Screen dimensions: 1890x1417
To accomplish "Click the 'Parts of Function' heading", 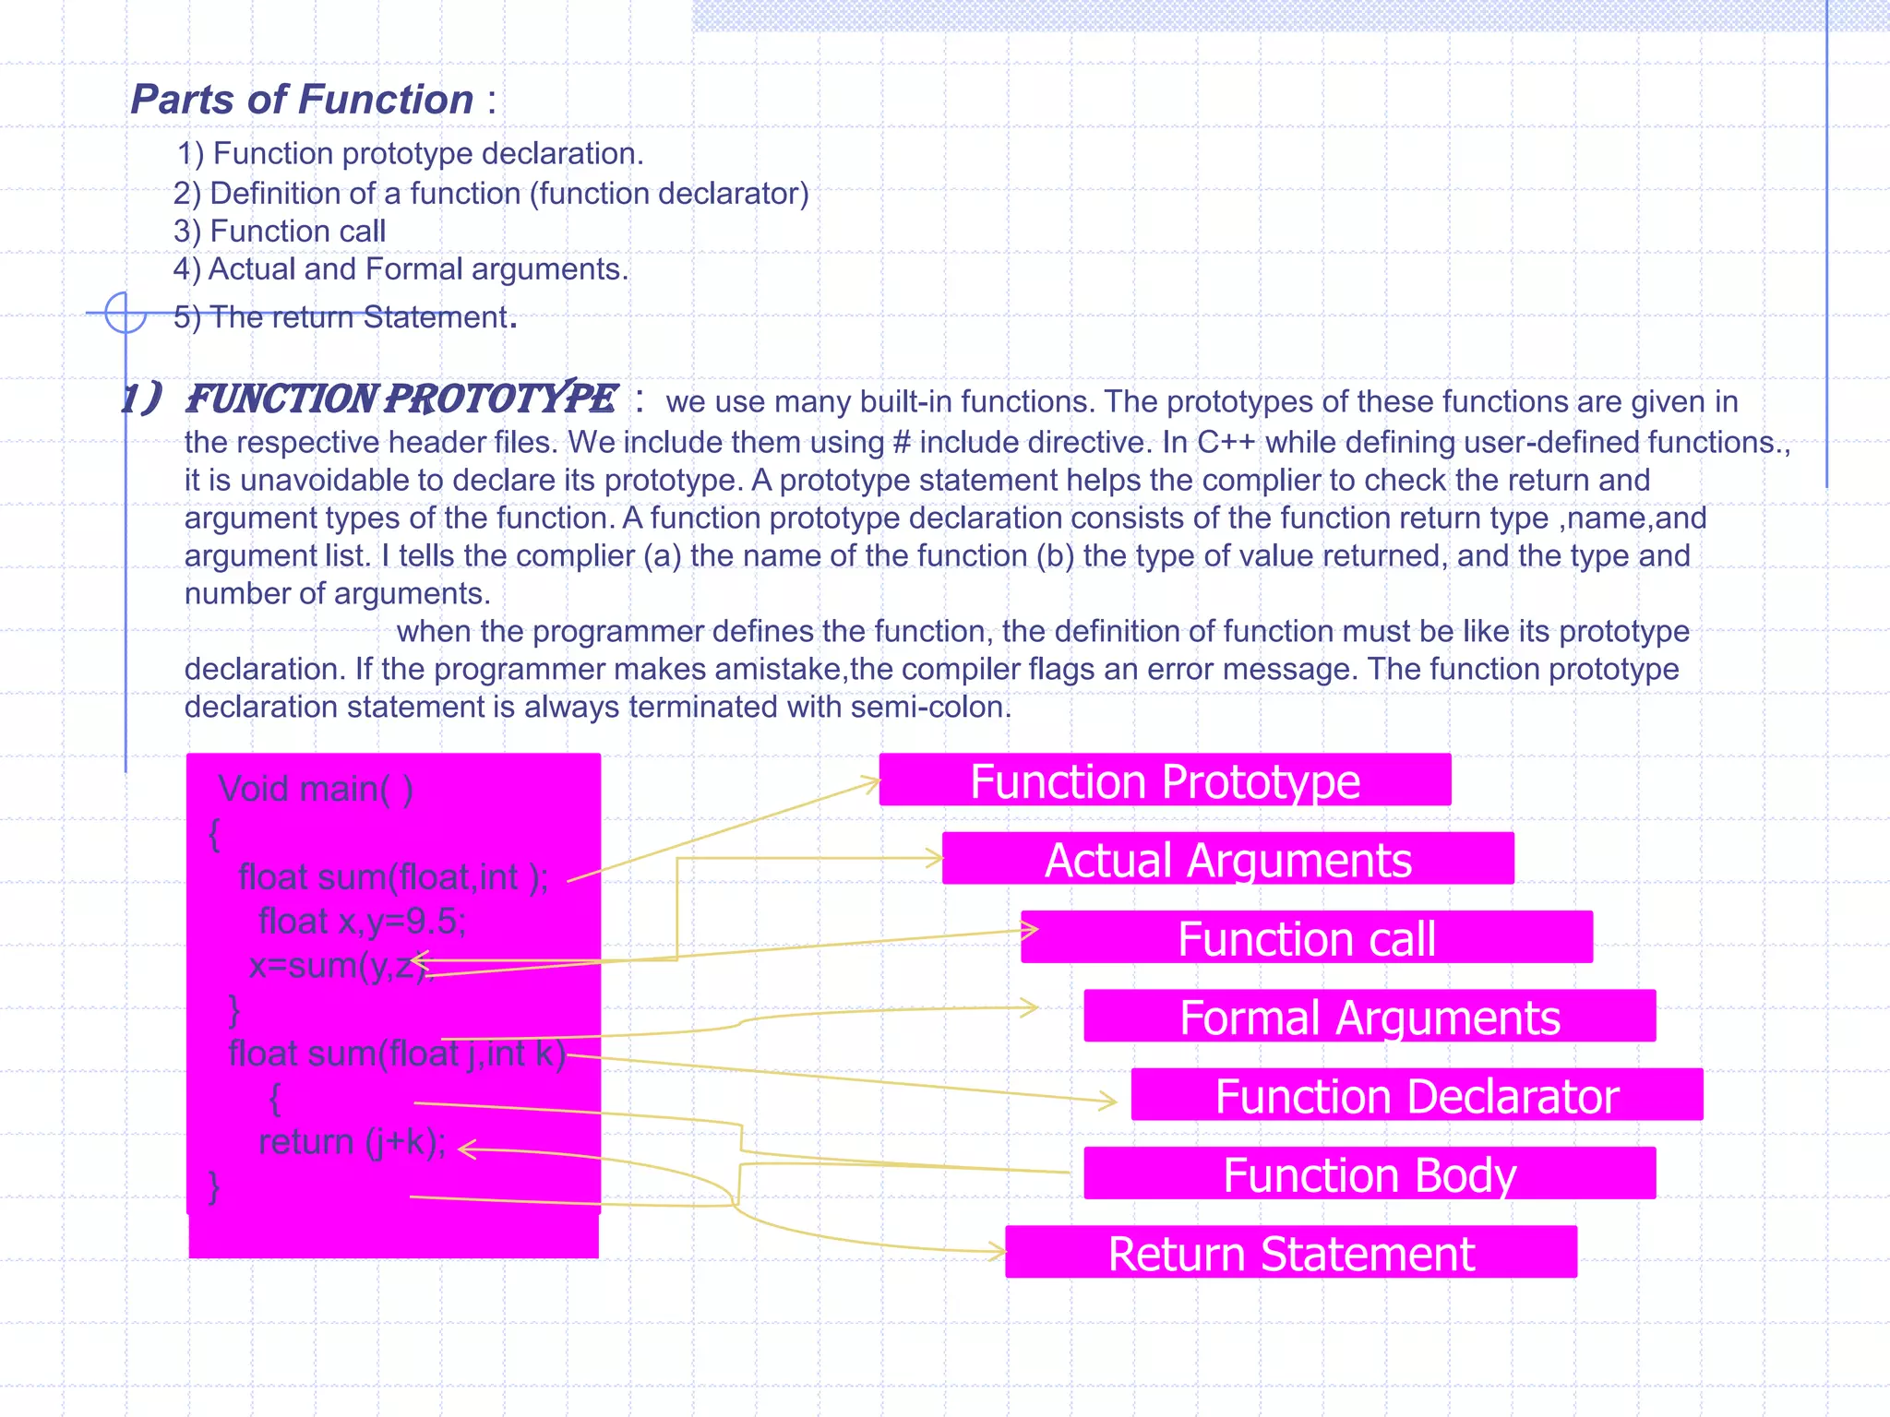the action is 302,100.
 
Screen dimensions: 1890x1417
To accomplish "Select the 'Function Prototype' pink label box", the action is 1165,780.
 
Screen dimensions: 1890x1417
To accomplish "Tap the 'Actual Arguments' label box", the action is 1227,859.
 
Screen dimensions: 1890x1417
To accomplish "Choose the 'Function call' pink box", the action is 1307,937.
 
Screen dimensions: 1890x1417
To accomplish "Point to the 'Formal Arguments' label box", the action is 1370,1017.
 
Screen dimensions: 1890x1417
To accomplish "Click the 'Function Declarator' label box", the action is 1417,1095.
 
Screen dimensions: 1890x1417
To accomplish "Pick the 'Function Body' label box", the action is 1370,1173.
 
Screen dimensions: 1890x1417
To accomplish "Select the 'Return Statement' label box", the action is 1291,1253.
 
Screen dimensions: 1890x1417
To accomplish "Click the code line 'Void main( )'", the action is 316,789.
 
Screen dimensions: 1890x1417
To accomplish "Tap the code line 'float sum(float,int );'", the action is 392,877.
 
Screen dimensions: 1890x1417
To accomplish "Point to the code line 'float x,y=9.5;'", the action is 362,922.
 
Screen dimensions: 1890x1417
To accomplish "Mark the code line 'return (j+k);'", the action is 352,1142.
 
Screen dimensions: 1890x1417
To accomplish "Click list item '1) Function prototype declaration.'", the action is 410,153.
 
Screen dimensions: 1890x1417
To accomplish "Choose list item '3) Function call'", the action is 280,231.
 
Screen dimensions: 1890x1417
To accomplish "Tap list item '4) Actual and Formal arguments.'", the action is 401,269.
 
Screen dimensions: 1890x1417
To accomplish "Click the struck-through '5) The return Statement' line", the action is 341,317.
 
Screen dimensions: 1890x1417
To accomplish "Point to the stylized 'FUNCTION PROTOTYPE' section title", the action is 401,399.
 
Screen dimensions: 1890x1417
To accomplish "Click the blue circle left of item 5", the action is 126,313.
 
